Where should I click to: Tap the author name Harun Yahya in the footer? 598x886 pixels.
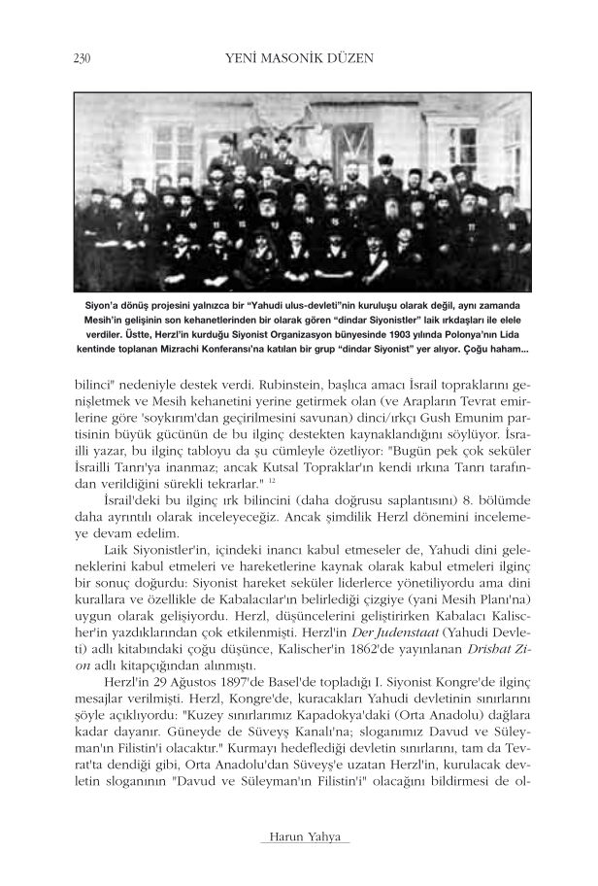pos(299,837)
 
